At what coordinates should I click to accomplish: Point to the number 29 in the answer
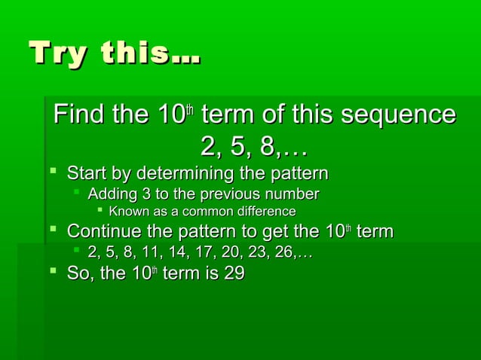click(232, 273)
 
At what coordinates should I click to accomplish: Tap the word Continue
click(104, 230)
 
